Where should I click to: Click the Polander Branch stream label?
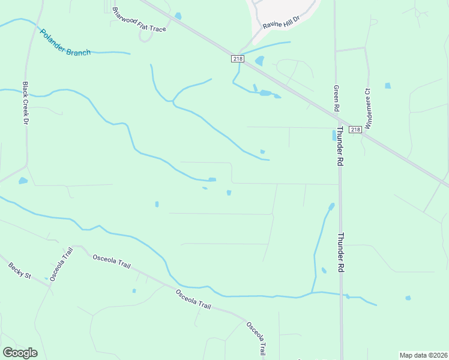65,43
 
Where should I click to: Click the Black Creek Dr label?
26,103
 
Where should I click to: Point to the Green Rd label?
337,98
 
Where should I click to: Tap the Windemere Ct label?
368,109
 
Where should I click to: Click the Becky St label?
19,270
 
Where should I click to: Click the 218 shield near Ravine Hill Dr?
238,58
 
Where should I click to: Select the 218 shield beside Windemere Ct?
355,129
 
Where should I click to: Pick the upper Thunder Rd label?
340,146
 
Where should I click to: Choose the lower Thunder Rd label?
340,253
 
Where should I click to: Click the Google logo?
20,353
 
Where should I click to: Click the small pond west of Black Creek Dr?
23,180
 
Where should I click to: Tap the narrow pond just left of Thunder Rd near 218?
334,136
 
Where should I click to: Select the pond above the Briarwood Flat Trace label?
178,16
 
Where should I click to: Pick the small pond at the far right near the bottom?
408,298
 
